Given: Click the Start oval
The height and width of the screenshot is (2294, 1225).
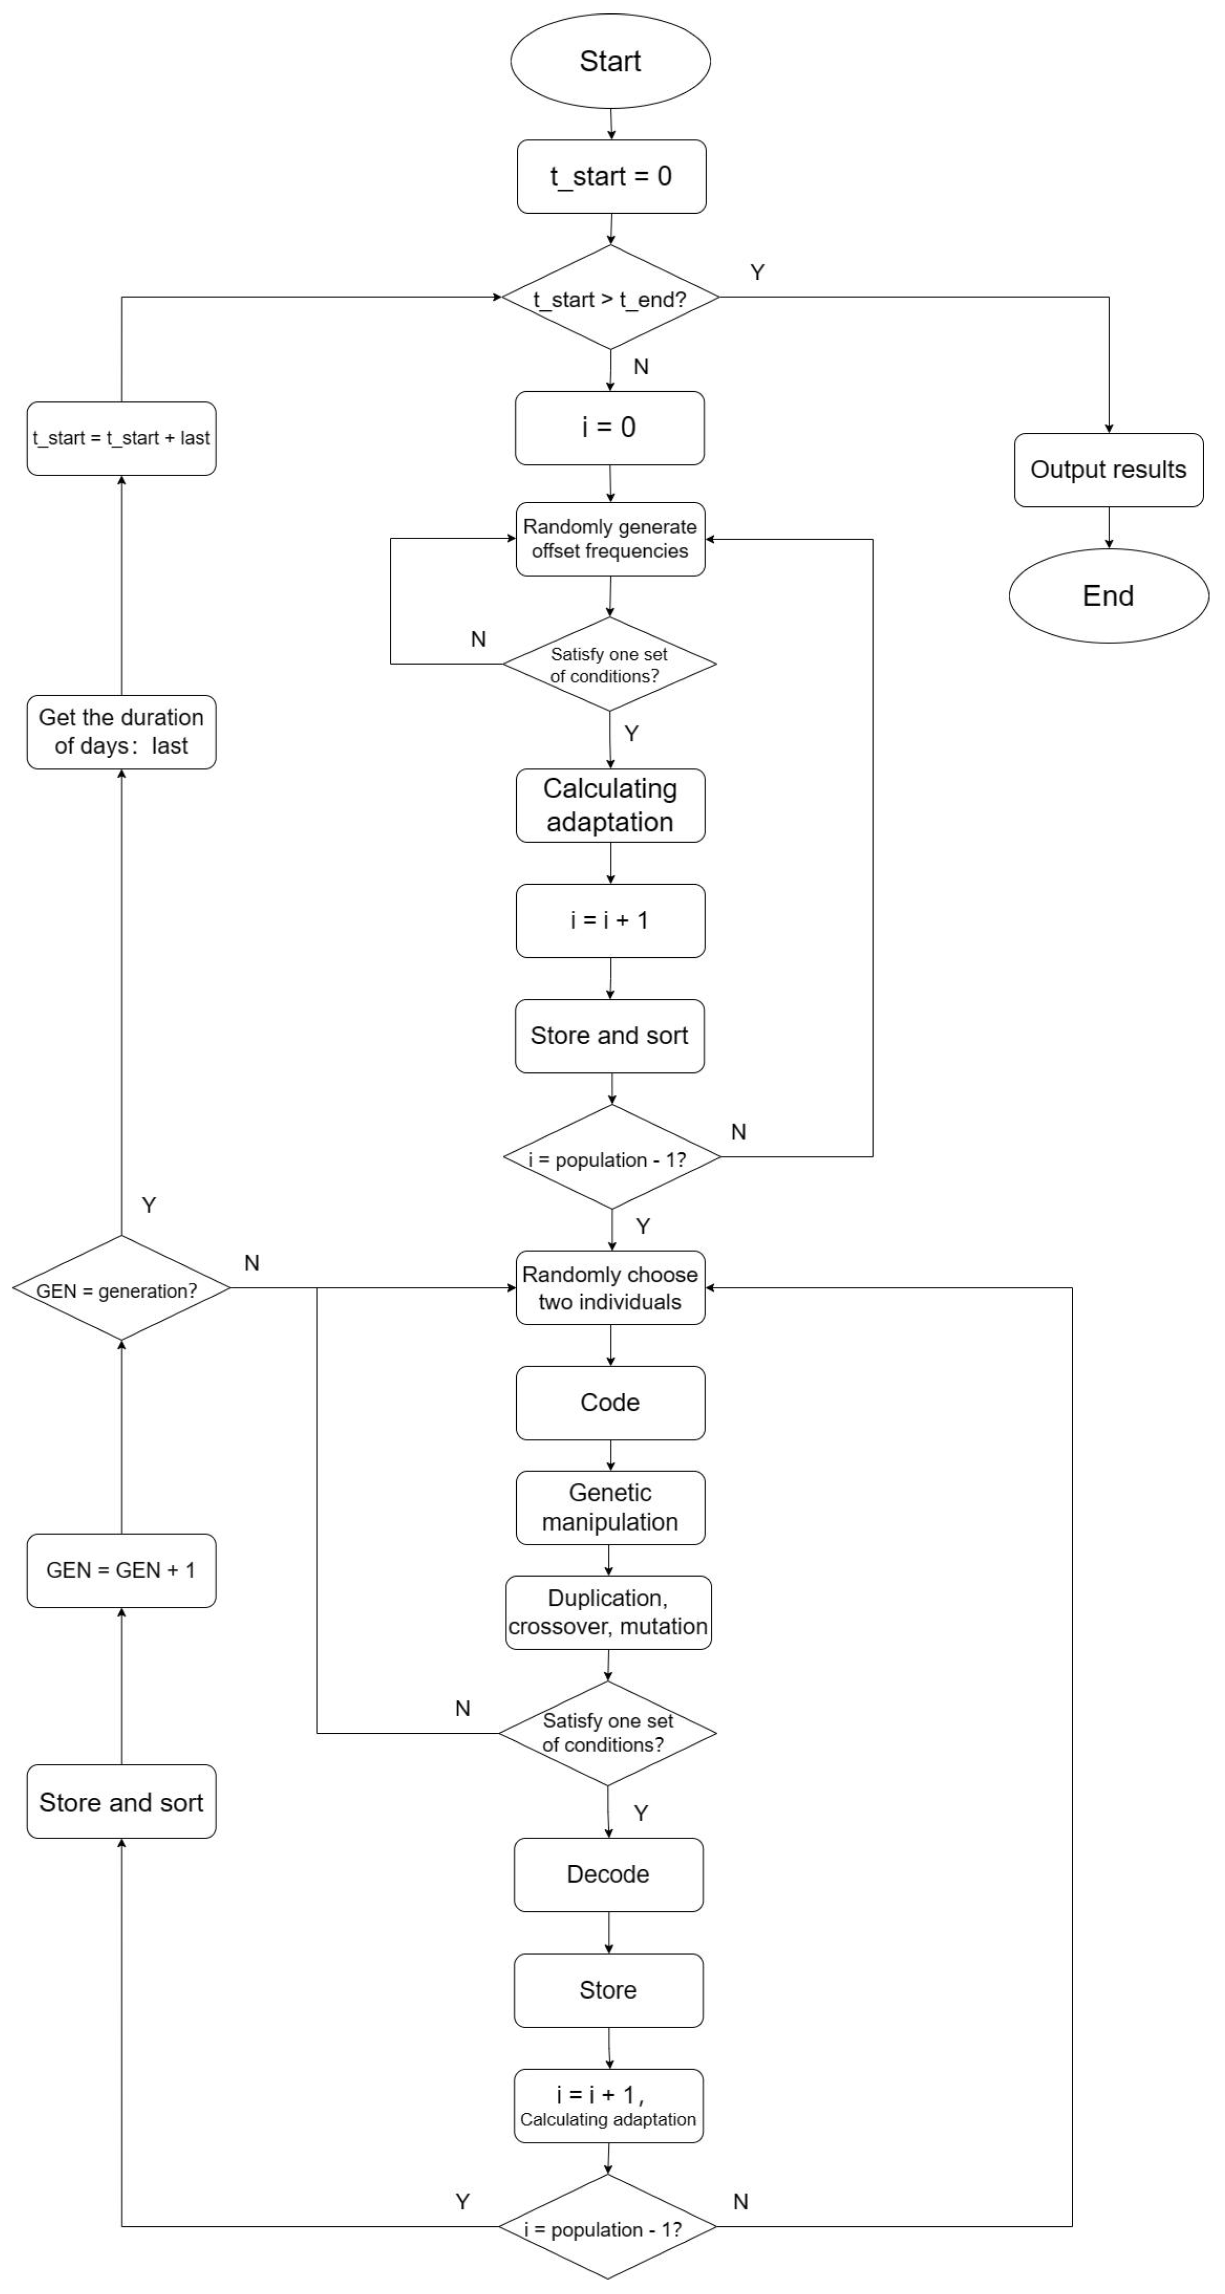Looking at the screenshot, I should (x=610, y=61).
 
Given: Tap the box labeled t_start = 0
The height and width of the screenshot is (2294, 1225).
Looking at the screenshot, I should (x=611, y=176).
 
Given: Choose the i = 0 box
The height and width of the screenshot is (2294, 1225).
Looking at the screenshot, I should (x=610, y=427).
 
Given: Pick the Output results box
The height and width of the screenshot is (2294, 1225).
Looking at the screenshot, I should (x=1108, y=470).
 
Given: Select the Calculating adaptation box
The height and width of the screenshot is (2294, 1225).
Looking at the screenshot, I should (x=610, y=805).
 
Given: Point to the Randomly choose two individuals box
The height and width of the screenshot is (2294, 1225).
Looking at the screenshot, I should (x=610, y=1288).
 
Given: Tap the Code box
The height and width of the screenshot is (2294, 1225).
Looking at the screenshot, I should (x=610, y=1403).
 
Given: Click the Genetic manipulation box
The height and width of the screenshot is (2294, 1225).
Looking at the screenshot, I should (x=610, y=1508).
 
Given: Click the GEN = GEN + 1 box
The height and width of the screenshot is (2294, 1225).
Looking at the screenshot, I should (x=121, y=1570).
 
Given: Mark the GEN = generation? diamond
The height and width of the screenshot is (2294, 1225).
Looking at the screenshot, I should (x=121, y=1289).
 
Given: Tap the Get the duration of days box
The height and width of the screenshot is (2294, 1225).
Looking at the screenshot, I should (x=121, y=732).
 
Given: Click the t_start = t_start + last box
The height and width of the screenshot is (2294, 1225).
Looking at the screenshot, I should (x=121, y=438).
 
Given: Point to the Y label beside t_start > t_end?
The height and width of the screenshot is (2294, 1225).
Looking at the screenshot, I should (x=757, y=272).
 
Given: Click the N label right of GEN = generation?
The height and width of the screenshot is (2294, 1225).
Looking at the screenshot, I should (x=252, y=1263).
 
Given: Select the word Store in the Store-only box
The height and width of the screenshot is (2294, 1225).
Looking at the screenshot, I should (x=609, y=1990).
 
